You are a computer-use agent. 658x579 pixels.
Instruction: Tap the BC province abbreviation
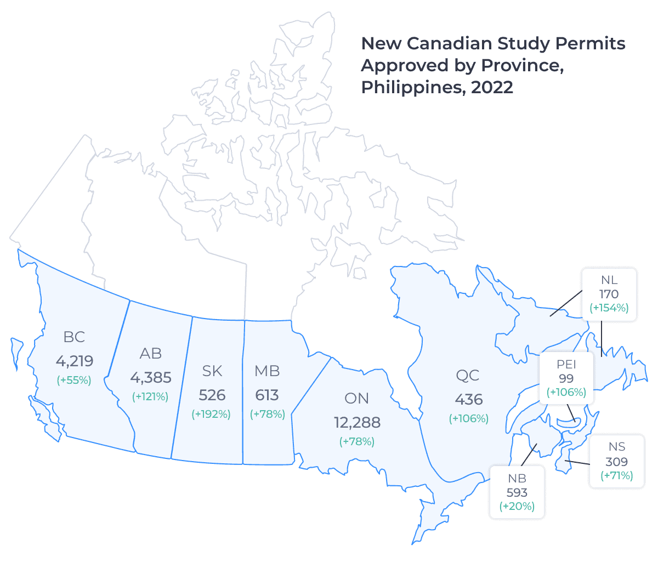[x=74, y=337]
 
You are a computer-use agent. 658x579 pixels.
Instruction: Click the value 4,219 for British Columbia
[x=75, y=361]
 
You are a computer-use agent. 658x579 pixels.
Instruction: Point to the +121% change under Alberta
[x=150, y=396]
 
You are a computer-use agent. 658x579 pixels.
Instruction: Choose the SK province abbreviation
[x=212, y=371]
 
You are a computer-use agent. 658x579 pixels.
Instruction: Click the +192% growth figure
[x=211, y=414]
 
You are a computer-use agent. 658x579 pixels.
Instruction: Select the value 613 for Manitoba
[x=267, y=395]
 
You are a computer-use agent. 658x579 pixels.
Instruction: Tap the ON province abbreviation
[x=356, y=399]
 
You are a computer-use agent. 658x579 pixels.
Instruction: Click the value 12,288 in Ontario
[x=357, y=423]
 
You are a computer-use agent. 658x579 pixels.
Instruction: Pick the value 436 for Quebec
[x=468, y=400]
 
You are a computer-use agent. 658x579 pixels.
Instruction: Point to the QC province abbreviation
[x=468, y=376]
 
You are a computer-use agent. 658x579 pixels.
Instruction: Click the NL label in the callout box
[x=609, y=280]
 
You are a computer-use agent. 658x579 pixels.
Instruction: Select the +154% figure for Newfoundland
[x=609, y=308]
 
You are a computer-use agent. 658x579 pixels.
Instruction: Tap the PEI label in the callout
[x=566, y=365]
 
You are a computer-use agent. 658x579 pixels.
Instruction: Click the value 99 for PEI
[x=566, y=378]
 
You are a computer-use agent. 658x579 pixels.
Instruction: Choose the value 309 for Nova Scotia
[x=617, y=462]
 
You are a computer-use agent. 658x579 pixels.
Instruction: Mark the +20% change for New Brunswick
[x=517, y=506]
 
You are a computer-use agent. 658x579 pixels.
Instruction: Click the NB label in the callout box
[x=517, y=479]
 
